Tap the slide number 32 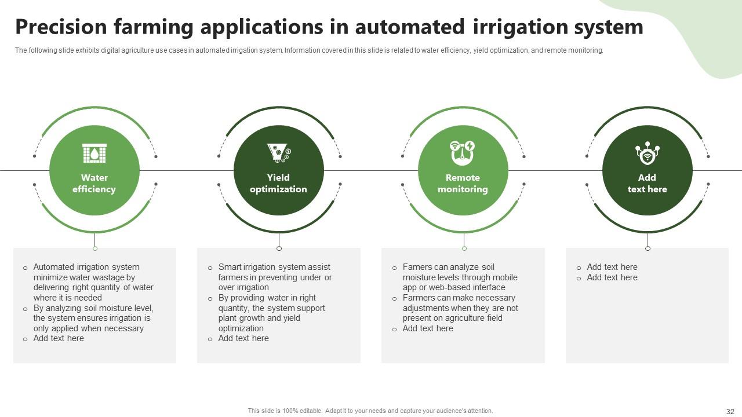(x=730, y=412)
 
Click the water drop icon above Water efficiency (x=94, y=153)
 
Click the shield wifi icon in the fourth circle (x=647, y=153)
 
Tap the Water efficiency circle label (x=94, y=184)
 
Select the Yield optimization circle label (x=278, y=184)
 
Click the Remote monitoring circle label (x=463, y=184)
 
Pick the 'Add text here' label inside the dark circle (x=647, y=184)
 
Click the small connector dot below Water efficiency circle (x=95, y=248)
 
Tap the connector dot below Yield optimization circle (x=279, y=248)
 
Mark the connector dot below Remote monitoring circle (x=464, y=248)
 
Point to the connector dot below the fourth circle (x=648, y=248)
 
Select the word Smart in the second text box (x=230, y=267)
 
